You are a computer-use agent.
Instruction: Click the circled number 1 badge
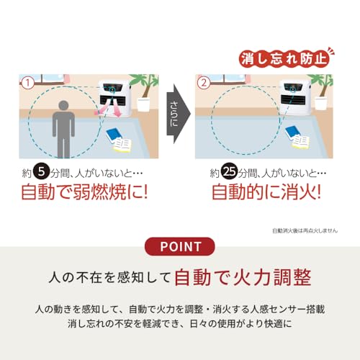(28, 83)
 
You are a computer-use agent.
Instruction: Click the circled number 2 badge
(204, 83)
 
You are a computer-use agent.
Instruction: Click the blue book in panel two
(292, 132)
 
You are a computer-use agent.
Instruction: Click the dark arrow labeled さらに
(178, 114)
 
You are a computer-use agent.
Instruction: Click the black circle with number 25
(229, 174)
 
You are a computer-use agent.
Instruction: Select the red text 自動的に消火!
(266, 194)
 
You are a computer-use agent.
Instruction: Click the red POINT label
(179, 246)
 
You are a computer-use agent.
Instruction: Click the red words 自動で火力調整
(243, 276)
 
